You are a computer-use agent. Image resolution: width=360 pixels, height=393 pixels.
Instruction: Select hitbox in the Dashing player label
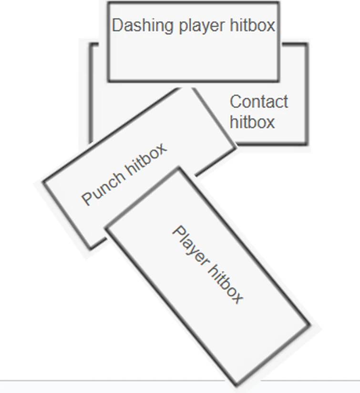[x=252, y=25]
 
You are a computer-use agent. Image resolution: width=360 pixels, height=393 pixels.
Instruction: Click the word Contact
[x=259, y=102]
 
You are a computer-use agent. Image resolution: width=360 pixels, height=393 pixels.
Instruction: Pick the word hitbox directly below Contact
[x=252, y=122]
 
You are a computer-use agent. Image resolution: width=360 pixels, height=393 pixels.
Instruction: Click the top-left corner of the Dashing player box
[x=108, y=3]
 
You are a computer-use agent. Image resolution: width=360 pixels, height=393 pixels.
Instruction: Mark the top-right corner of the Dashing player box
[x=279, y=3]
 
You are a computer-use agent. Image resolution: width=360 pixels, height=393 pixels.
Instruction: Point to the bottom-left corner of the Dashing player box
[x=108, y=81]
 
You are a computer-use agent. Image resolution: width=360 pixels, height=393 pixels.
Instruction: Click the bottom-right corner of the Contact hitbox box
[x=307, y=143]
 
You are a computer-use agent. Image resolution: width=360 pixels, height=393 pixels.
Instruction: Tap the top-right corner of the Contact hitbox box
[x=307, y=44]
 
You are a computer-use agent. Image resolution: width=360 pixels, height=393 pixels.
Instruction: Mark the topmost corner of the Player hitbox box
[x=178, y=168]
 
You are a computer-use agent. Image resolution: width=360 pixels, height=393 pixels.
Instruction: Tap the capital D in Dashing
[x=117, y=26]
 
